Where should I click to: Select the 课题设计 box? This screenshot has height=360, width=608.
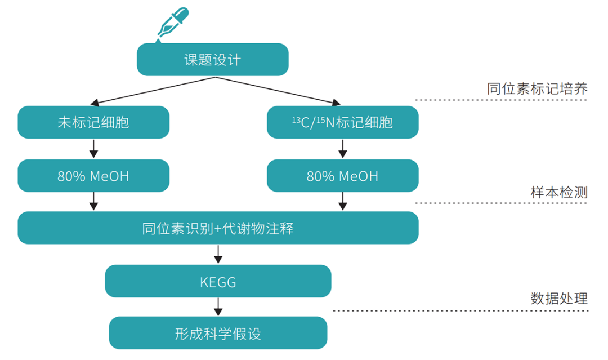pos(212,59)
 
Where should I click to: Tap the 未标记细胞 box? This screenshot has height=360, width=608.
pos(93,122)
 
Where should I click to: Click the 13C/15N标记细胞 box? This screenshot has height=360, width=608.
pos(342,122)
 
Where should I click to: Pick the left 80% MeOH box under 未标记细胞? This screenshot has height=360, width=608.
pos(93,176)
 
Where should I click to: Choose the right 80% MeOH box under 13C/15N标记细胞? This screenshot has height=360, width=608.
pos(342,176)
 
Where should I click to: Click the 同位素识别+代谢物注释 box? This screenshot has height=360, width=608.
pos(218,228)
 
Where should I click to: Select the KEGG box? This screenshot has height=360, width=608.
pos(218,281)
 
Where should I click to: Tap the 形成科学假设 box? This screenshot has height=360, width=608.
pos(218,333)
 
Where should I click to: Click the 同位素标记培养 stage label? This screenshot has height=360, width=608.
pos(537,89)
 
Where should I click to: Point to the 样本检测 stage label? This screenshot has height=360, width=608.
pos(559,192)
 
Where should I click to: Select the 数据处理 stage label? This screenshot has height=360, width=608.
pos(559,298)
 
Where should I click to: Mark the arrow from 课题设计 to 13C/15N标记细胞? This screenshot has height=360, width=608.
pos(276,91)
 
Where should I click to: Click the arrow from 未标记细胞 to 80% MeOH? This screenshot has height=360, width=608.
pos(93,149)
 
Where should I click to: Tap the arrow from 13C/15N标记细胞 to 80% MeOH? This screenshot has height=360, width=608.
pos(342,149)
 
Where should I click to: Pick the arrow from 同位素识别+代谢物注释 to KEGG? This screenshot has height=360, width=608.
pos(218,255)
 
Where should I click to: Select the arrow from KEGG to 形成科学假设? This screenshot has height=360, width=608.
pos(218,307)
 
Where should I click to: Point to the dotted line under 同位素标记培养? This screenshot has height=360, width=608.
pos(501,101)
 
